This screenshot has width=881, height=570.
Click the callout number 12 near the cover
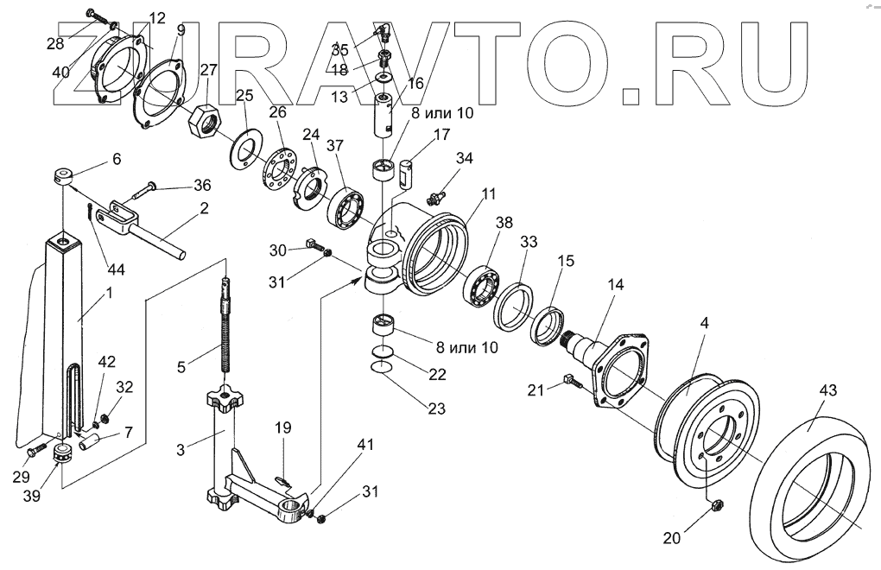coord(156,18)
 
